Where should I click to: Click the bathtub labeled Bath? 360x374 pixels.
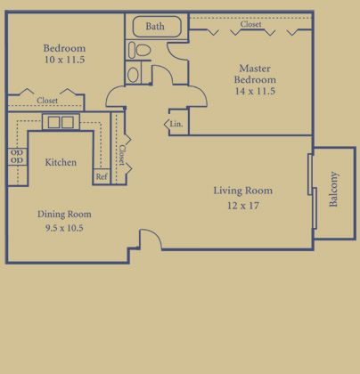pos(157,27)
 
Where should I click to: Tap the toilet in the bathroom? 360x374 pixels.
pos(140,50)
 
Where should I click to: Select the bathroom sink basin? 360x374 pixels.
pos(133,74)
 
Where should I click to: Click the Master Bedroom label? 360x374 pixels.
pos(255,74)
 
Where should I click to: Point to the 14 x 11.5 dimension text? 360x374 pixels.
pos(255,91)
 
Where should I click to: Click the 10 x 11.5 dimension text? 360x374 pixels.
pos(64,60)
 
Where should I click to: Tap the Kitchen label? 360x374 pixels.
pos(61,162)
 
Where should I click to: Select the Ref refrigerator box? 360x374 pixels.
pos(102,176)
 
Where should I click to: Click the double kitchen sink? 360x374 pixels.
pos(61,122)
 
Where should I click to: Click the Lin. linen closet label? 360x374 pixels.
pos(176,124)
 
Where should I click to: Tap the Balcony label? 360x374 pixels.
pos(333,189)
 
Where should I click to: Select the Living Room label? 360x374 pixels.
pos(243,191)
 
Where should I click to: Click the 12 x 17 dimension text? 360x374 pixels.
pos(243,206)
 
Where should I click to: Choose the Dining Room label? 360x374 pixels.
pos(64,214)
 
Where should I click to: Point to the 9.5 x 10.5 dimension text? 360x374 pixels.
pos(64,228)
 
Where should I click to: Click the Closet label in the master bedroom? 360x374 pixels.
pos(251,24)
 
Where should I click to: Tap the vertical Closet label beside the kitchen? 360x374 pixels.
pos(122,155)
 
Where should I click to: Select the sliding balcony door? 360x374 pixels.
pos(312,191)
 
